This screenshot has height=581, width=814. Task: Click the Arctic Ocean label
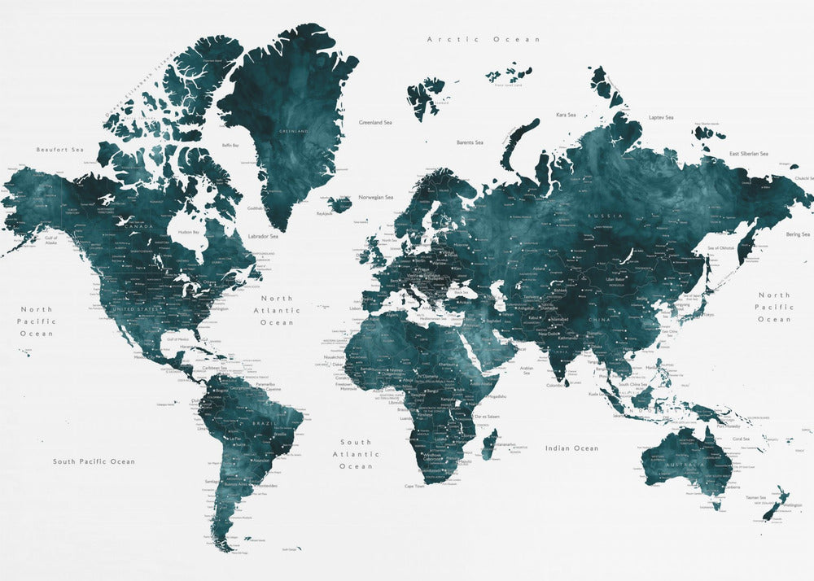[484, 39]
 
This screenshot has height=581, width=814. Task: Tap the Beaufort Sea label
[60, 150]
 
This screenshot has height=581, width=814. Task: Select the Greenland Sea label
[375, 123]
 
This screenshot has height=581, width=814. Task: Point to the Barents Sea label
[470, 142]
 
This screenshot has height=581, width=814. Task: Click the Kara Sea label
[566, 116]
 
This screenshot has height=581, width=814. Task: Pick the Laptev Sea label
[661, 118]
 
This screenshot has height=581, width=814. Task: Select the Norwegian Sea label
[375, 198]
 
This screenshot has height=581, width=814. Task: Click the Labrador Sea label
[263, 237]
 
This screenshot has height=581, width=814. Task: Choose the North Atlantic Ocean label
[277, 310]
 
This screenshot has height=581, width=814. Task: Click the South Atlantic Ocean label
[356, 454]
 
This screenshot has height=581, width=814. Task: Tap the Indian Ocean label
[571, 448]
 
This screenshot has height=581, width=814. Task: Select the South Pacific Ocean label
[94, 462]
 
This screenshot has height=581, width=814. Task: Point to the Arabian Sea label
[527, 370]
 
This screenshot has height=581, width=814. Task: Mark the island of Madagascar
[491, 447]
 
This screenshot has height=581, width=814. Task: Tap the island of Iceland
[340, 203]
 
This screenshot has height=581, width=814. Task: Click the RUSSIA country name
[604, 215]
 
